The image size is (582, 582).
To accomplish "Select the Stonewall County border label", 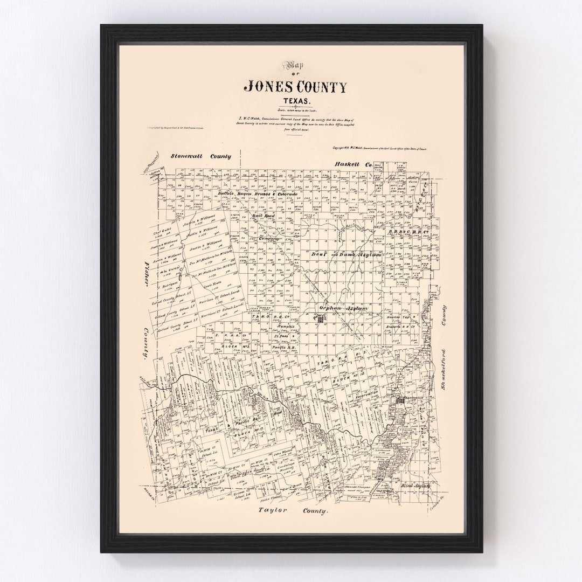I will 201,156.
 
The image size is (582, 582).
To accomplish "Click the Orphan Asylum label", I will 343,308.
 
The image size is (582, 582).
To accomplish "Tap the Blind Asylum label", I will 418,486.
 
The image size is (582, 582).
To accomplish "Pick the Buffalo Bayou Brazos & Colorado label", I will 258,193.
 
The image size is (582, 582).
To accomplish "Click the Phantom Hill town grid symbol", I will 400,401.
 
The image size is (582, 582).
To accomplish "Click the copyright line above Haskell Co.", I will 379,148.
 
